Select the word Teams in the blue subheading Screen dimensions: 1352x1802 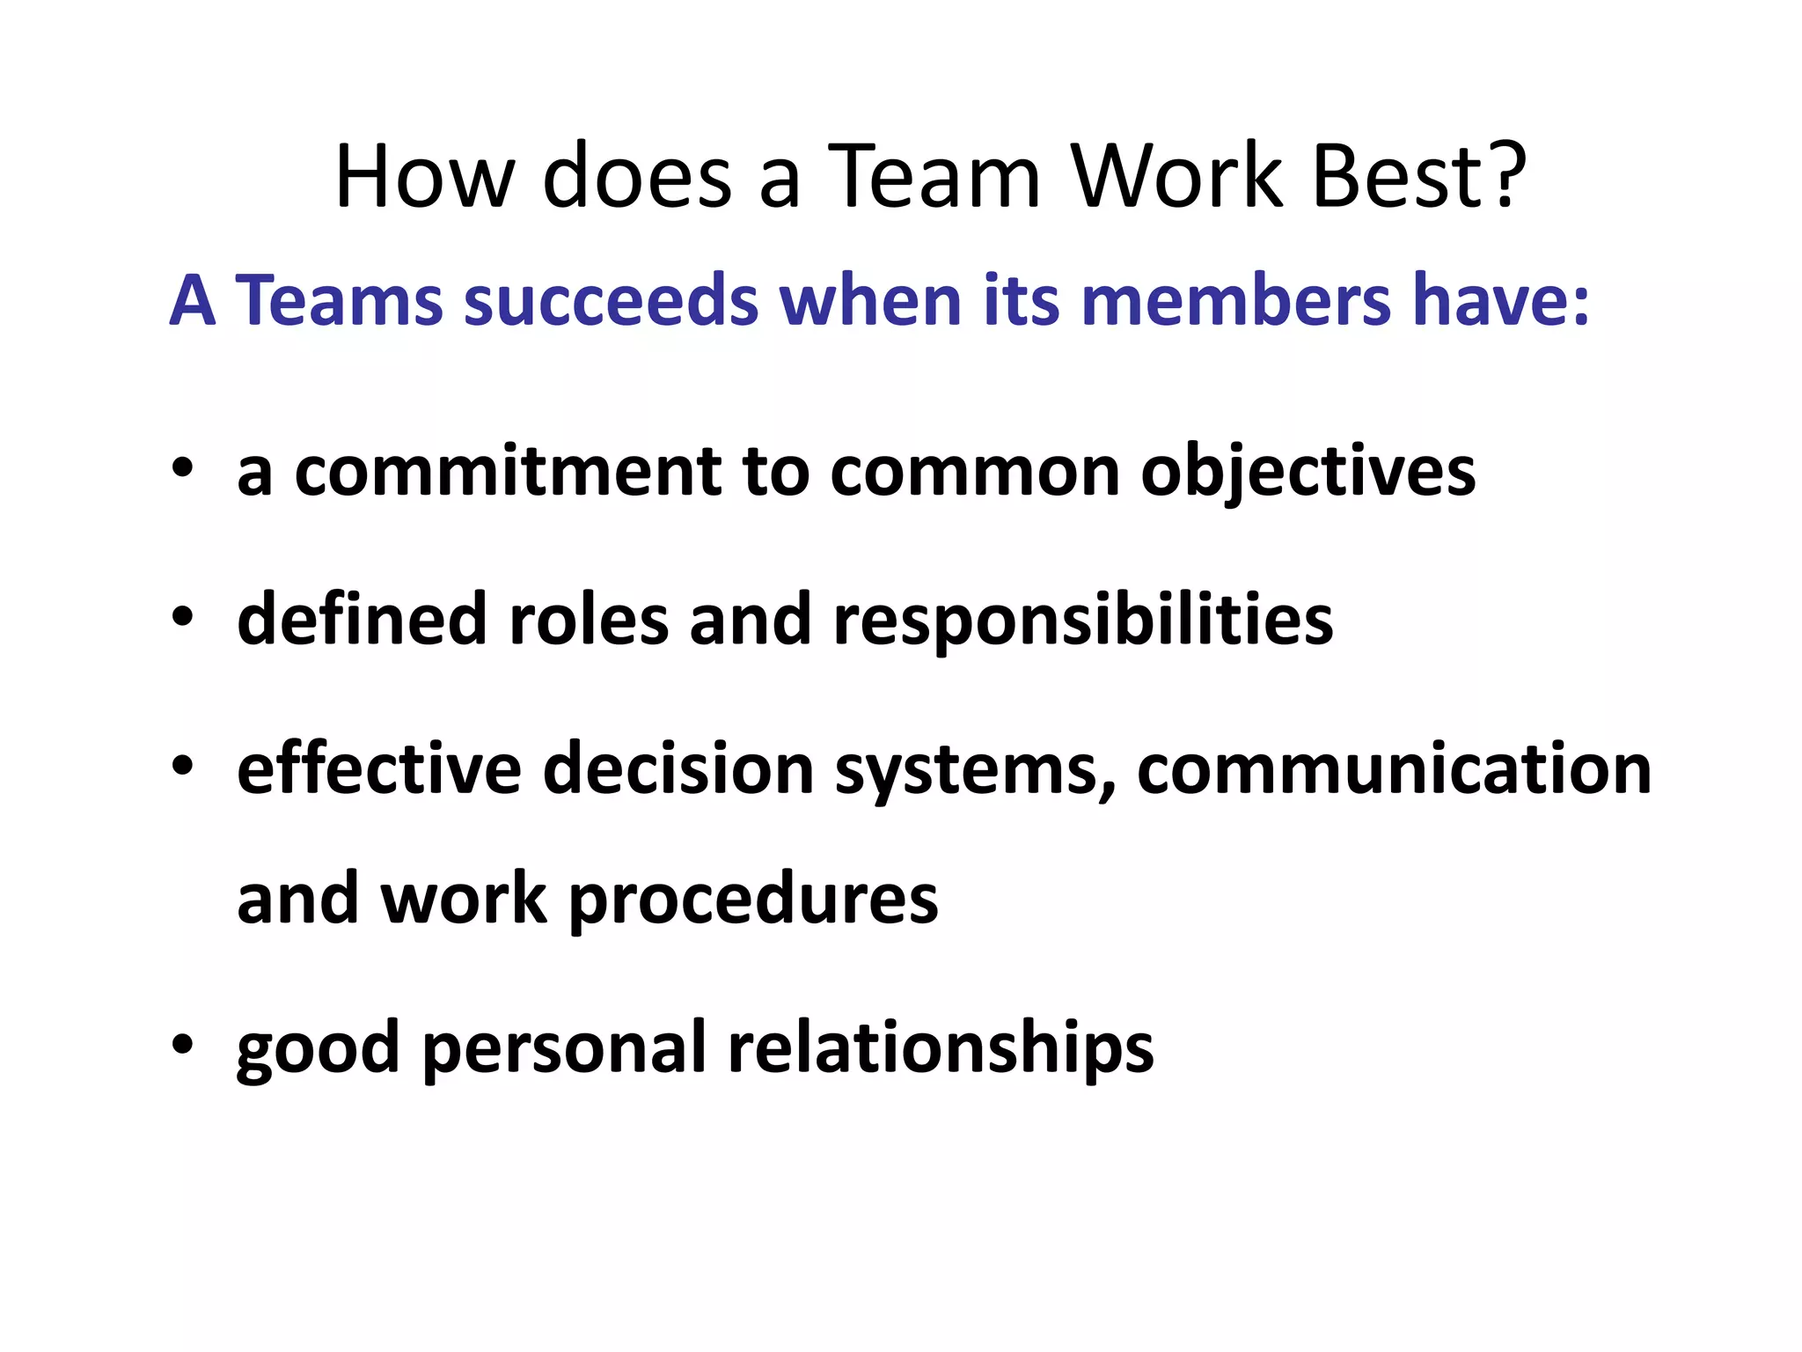point(339,301)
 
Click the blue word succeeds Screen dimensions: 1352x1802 point(611,301)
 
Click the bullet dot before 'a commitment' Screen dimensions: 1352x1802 point(182,468)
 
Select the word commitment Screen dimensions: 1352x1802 point(508,472)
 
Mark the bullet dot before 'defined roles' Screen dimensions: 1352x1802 point(182,617)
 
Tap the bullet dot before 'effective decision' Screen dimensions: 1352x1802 point(182,765)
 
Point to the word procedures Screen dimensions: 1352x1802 point(753,900)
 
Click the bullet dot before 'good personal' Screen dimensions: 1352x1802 point(182,1045)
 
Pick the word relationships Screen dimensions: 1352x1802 point(940,1048)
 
